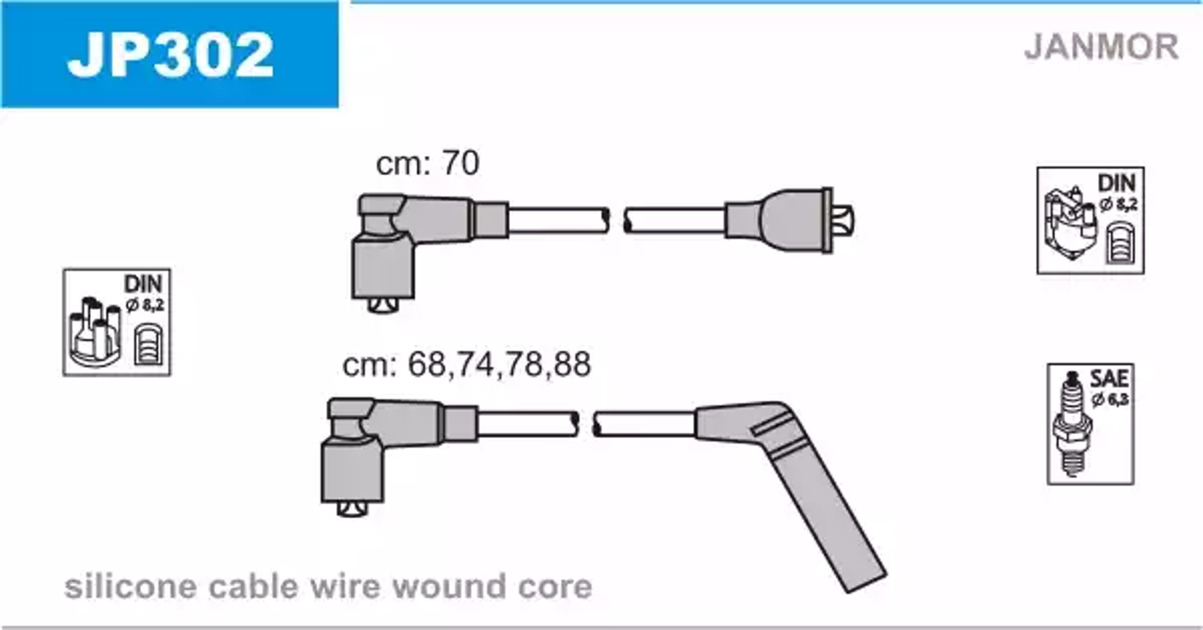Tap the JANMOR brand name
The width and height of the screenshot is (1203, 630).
pos(1101,47)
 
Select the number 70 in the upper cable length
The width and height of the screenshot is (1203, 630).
pos(460,163)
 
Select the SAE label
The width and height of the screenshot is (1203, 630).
pos(1109,379)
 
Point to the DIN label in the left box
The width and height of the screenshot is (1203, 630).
pos(143,284)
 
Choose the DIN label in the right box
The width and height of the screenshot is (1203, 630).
pos(1117,183)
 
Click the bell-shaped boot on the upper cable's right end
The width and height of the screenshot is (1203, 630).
pos(787,221)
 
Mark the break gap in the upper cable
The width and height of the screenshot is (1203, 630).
pos(617,221)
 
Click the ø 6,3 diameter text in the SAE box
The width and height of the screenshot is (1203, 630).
pos(1109,399)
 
